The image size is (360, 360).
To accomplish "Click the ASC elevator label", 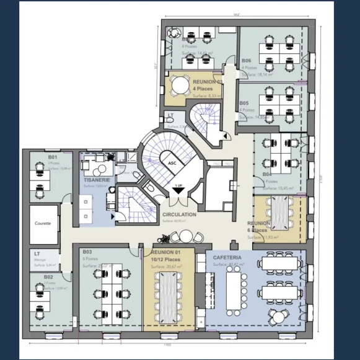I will (172, 162).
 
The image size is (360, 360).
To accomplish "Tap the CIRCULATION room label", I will (179, 214).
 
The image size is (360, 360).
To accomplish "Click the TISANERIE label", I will (97, 180).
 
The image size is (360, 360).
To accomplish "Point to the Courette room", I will (43, 224).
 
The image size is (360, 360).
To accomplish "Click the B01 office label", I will (53, 157).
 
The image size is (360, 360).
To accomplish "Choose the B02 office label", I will (49, 277).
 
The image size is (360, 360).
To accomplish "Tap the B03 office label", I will (87, 252).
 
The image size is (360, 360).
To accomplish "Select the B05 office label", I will (244, 103).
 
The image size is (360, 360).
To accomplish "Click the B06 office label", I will (246, 61).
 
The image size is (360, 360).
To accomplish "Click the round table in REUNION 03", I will (180, 86).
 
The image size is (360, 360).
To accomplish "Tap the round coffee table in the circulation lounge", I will (187, 235).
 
